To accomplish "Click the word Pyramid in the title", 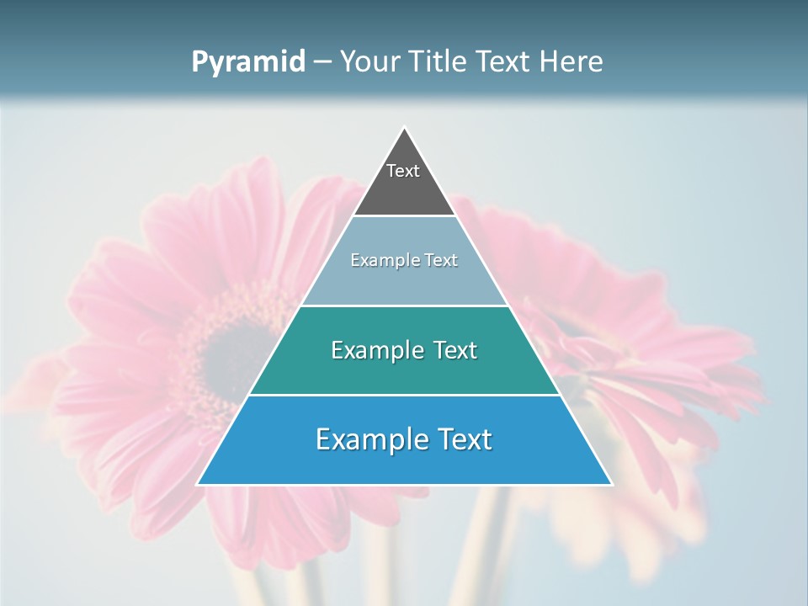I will coord(247,62).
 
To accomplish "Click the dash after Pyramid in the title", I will coord(322,62).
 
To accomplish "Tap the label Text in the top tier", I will coord(403,171).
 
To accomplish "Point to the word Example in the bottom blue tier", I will coord(367,439).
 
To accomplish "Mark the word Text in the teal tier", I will coord(454,350).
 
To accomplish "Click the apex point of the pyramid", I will coord(404,128).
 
